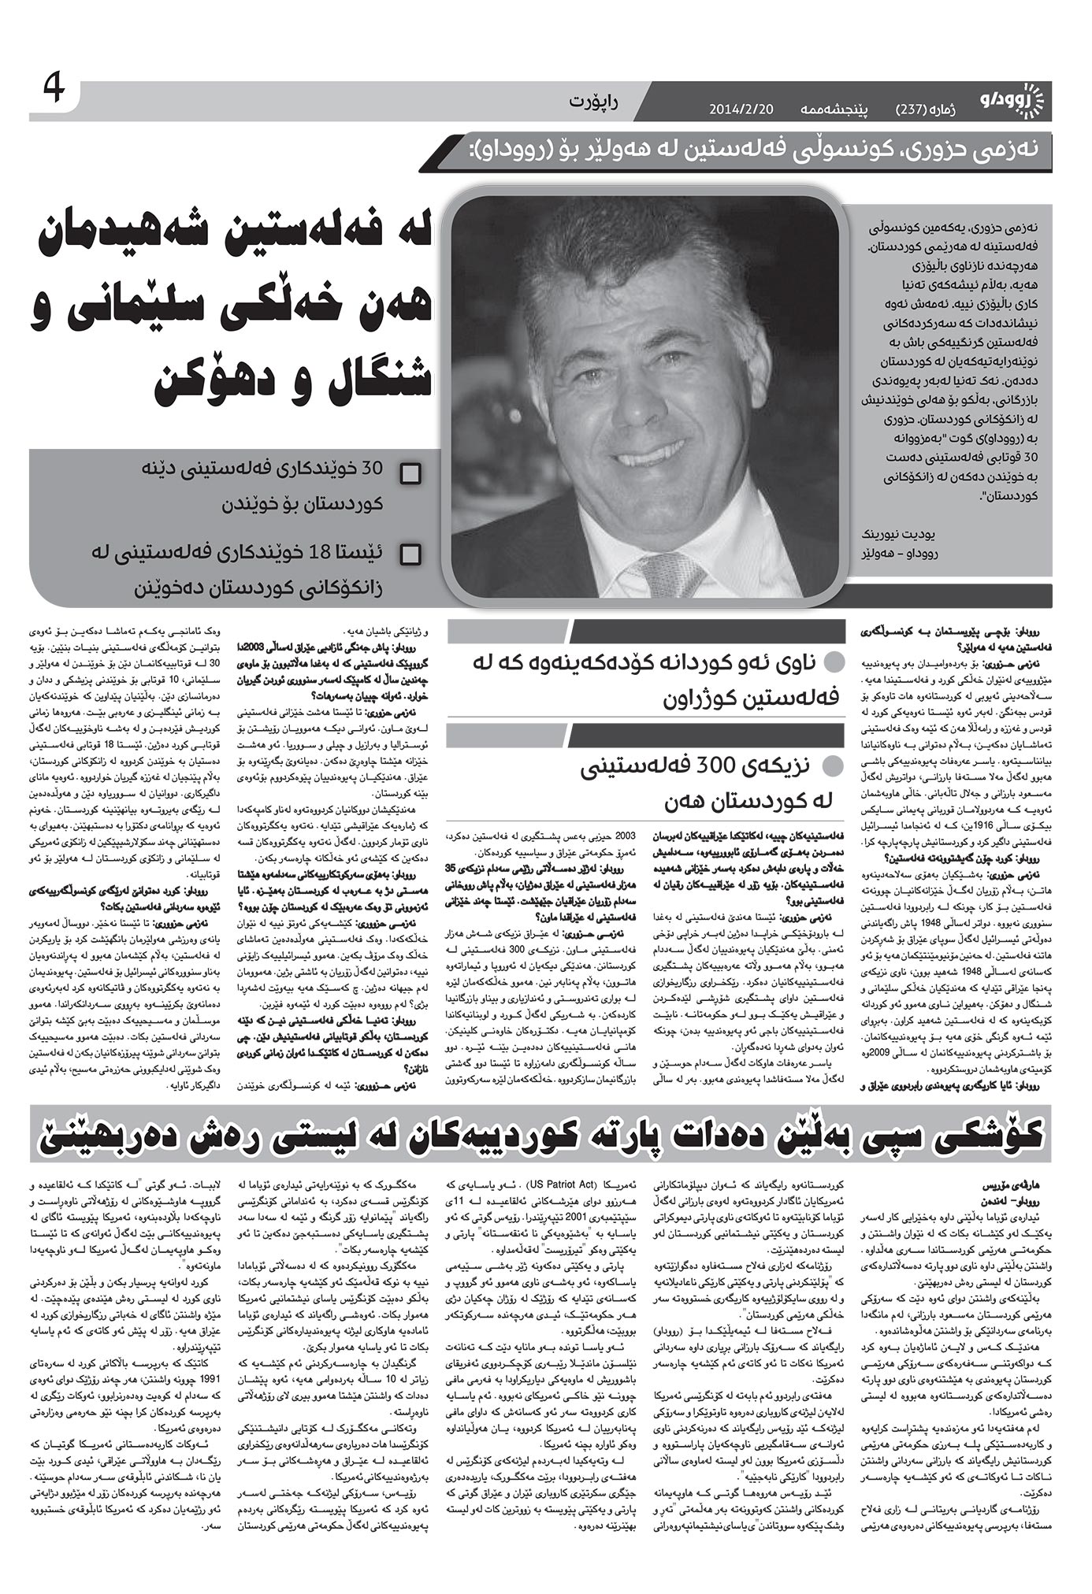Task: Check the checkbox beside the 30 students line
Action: click(x=410, y=474)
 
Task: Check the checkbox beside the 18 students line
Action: click(x=410, y=555)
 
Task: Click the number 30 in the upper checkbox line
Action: click(x=371, y=469)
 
